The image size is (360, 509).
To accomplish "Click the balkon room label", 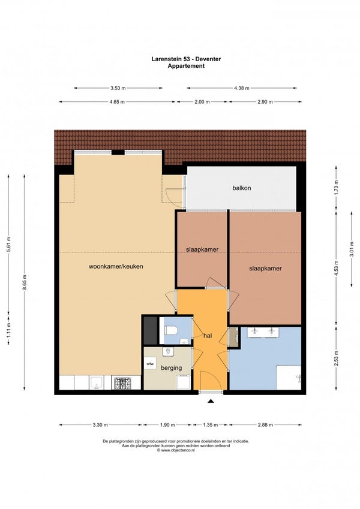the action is pyautogui.click(x=241, y=188).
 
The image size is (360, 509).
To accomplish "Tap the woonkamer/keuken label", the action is pyautogui.click(x=116, y=267).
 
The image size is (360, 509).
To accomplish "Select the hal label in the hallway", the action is pyautogui.click(x=208, y=336).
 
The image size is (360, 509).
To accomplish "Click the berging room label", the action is pyautogui.click(x=171, y=368).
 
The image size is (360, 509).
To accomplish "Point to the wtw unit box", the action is pyautogui.click(x=150, y=363).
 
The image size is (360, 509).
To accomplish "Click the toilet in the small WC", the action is pyautogui.click(x=171, y=331).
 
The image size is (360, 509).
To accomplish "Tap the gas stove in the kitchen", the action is pyautogui.click(x=122, y=383).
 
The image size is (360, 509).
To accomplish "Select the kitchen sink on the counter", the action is pyautogui.click(x=97, y=382).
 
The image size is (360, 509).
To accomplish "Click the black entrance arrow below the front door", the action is pyautogui.click(x=211, y=401).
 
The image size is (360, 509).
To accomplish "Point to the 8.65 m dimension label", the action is pyautogui.click(x=25, y=282).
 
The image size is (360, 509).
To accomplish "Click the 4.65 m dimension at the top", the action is pyautogui.click(x=117, y=102).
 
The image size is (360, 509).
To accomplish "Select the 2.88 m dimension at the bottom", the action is pyautogui.click(x=265, y=424).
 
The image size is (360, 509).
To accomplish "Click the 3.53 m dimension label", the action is pyautogui.click(x=118, y=88).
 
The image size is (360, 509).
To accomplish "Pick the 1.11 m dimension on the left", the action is pyautogui.click(x=8, y=329).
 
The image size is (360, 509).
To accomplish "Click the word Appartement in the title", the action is pyautogui.click(x=186, y=66).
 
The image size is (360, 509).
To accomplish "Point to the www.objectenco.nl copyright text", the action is pyautogui.click(x=176, y=451).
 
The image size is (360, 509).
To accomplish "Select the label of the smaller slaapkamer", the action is pyautogui.click(x=202, y=249).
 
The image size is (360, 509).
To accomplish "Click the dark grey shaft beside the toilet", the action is pyautogui.click(x=150, y=331).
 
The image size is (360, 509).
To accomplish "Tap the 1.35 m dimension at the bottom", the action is pyautogui.click(x=211, y=424).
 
